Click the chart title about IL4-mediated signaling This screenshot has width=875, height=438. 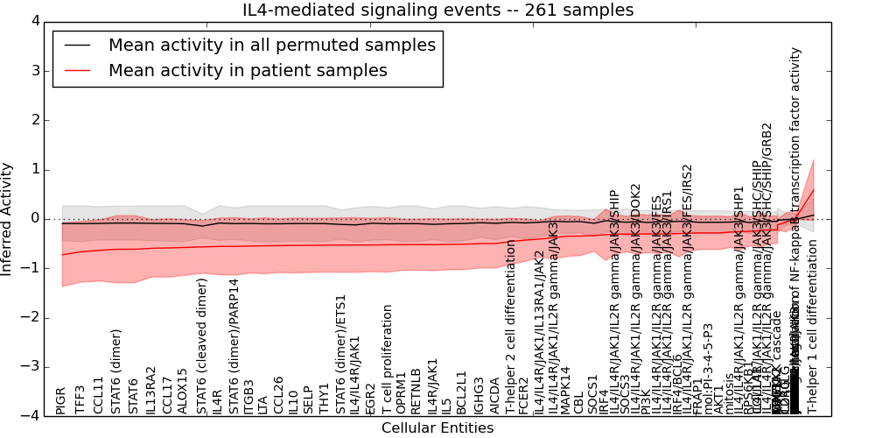[437, 11]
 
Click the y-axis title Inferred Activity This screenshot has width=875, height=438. [8, 219]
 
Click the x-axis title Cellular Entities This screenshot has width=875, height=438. [437, 428]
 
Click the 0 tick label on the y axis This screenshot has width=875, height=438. [34, 219]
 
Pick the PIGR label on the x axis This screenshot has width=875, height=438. [60, 399]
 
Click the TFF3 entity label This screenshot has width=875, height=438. [80, 399]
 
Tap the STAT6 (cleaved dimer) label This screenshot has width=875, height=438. [202, 346]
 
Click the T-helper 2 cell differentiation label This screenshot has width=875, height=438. [509, 336]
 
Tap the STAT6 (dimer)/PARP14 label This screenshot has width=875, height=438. [234, 346]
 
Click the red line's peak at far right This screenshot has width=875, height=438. [813, 190]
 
